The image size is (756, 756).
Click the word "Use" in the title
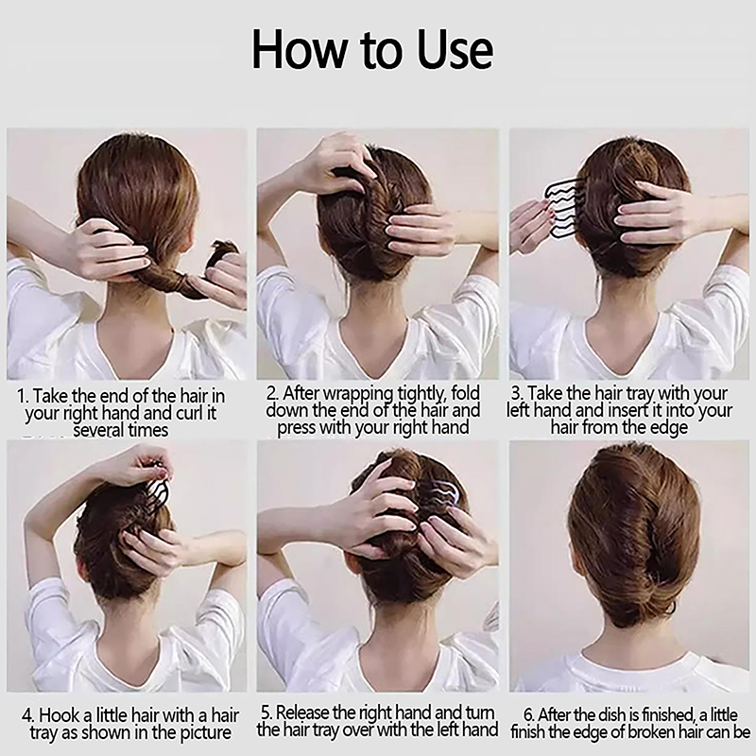455,50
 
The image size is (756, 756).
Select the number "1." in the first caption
23,396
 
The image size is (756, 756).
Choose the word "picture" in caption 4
206,732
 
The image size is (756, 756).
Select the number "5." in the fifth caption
267,713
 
